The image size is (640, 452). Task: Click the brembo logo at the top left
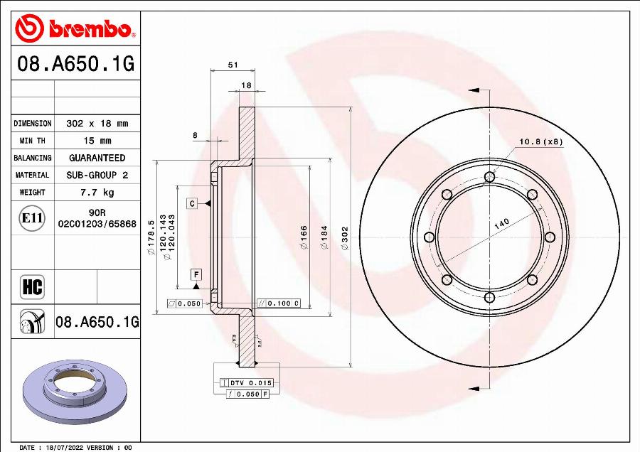[x=75, y=29]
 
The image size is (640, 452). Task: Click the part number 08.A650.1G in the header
[x=75, y=65]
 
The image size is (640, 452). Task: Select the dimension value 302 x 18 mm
[x=97, y=124]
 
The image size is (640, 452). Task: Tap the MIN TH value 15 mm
[x=97, y=141]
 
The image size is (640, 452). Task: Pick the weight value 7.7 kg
[x=97, y=193]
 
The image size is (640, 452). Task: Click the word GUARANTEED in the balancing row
[x=97, y=158]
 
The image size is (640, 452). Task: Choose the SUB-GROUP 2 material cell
[x=97, y=175]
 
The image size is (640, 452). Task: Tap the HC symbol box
[x=33, y=287]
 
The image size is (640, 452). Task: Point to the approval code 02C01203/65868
[x=97, y=223]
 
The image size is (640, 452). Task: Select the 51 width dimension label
[x=232, y=65]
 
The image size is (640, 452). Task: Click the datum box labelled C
[x=192, y=204]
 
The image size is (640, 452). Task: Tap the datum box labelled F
[x=196, y=274]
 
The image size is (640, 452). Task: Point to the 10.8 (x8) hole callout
[x=540, y=141]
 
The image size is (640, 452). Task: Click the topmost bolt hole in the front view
[x=489, y=178]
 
